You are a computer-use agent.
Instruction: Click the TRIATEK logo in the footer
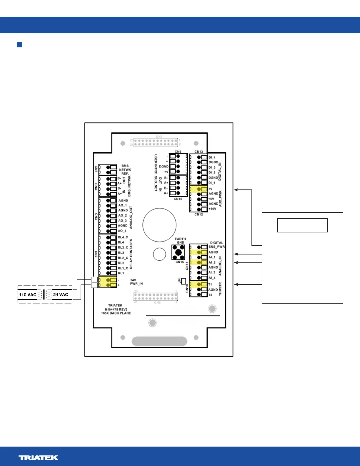38,457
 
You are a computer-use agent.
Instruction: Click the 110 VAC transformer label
28,294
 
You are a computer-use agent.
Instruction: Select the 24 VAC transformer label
61,294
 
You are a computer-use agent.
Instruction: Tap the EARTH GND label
180,241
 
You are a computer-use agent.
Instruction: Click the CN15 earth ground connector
178,252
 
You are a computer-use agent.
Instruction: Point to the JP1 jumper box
184,281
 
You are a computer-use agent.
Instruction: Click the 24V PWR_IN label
136,282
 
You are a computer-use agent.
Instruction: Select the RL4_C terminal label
123,237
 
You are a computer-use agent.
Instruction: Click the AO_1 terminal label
122,205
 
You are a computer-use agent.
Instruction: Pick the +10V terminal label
212,209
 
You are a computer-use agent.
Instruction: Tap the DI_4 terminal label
212,157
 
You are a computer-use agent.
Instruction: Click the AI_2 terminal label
212,262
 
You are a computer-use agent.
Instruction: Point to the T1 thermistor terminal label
210,284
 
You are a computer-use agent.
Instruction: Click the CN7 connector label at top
159,137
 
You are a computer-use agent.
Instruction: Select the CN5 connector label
178,152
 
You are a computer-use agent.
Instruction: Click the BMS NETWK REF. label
125,170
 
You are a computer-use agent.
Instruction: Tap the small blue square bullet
19,45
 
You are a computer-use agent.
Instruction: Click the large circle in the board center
159,225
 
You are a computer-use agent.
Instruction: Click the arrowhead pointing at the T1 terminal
236,284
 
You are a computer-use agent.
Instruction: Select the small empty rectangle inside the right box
302,225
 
